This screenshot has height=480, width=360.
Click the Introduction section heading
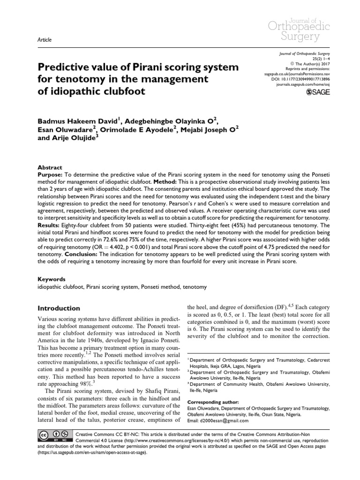(x=59, y=308)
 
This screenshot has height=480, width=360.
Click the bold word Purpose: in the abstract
(x=50, y=175)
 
